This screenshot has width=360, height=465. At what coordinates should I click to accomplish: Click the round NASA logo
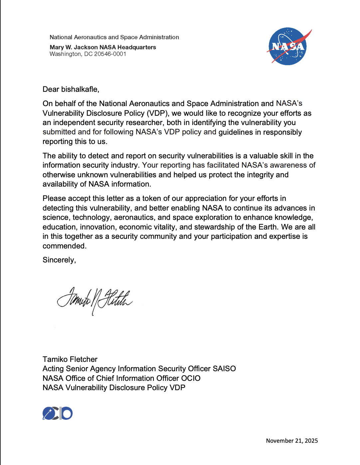(288, 46)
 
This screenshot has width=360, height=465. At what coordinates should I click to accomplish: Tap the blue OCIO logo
(58, 413)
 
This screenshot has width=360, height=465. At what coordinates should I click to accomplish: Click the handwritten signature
(95, 299)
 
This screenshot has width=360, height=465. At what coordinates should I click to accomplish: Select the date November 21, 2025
(292, 441)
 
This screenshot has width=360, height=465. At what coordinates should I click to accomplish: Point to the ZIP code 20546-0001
(110, 54)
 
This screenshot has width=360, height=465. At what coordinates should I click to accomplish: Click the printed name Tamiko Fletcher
(70, 359)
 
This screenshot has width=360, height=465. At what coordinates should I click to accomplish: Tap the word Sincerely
(59, 260)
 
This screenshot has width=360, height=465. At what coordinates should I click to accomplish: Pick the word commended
(64, 246)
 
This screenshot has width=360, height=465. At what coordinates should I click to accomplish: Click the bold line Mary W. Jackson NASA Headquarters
(103, 47)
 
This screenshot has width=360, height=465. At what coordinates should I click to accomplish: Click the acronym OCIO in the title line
(191, 378)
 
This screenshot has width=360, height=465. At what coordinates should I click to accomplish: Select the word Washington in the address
(65, 54)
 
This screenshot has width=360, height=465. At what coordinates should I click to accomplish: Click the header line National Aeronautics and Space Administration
(114, 37)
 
